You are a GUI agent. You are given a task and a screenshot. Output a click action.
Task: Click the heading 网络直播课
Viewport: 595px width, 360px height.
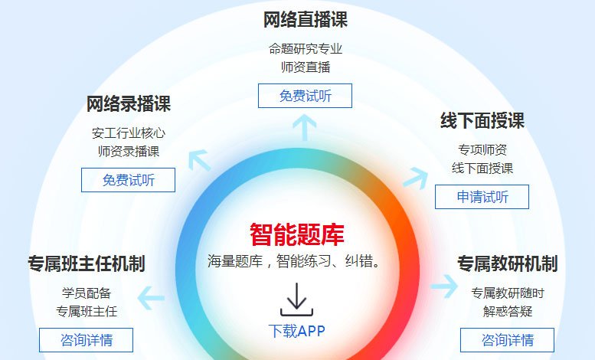click(x=305, y=20)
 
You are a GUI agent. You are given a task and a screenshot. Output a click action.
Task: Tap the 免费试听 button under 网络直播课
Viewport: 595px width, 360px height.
click(x=305, y=96)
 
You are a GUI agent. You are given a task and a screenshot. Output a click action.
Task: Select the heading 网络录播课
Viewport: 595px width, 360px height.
click(x=128, y=103)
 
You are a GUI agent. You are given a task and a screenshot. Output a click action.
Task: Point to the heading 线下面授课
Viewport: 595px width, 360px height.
click(x=482, y=121)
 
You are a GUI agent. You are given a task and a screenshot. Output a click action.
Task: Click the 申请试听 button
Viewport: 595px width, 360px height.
click(x=482, y=197)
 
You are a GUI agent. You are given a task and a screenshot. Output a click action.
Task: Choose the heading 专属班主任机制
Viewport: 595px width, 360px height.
click(x=87, y=263)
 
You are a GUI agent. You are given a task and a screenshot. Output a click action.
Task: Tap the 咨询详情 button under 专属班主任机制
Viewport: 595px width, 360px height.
click(x=86, y=340)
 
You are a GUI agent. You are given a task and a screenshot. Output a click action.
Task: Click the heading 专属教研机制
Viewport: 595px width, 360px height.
click(x=508, y=263)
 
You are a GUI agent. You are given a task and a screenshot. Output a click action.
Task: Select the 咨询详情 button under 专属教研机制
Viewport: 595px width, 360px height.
click(x=508, y=340)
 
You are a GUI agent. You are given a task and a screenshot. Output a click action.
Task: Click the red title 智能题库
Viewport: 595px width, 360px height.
click(x=297, y=234)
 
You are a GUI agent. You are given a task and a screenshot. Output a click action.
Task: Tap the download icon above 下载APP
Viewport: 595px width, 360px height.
click(x=297, y=299)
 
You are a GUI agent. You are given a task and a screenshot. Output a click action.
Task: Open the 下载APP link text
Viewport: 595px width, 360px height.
click(x=297, y=331)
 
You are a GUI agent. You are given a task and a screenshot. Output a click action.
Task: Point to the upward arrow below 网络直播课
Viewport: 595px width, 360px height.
click(x=305, y=127)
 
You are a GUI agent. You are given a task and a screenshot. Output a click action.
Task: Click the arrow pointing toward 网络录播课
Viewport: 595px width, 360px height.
click(x=199, y=160)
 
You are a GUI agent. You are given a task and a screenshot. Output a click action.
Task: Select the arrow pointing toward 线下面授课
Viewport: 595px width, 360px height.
click(x=416, y=178)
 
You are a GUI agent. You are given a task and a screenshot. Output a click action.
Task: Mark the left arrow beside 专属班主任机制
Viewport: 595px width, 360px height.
click(x=151, y=298)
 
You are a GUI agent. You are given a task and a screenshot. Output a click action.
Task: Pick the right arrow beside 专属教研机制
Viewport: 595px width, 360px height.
click(x=444, y=286)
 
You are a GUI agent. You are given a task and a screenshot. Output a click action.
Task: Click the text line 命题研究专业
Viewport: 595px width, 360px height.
click(x=305, y=49)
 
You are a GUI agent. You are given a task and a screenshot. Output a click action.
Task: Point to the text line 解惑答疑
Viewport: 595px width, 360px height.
click(x=508, y=312)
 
